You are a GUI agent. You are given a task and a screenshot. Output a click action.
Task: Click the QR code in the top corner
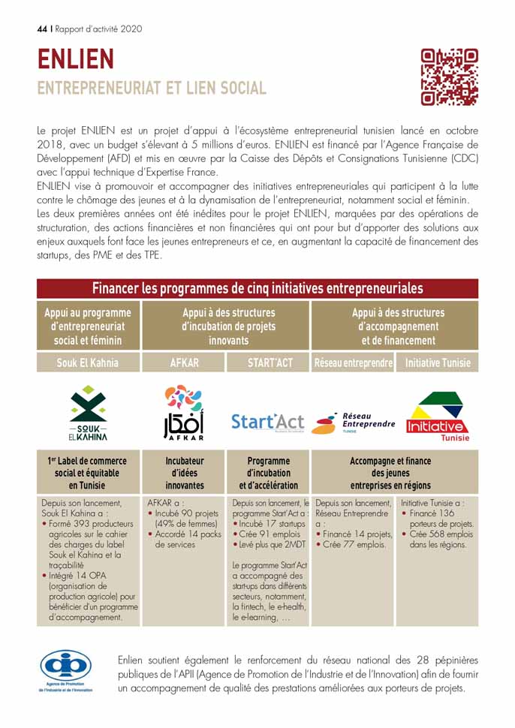(x=449, y=77)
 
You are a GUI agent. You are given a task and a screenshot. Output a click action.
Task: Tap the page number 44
(x=42, y=29)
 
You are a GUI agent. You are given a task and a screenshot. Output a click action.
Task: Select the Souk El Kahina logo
(x=88, y=413)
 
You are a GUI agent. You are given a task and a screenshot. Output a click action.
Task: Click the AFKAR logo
(x=183, y=412)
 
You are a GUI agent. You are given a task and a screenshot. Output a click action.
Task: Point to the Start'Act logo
(x=268, y=422)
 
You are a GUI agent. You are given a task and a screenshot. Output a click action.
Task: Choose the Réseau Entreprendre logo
(x=353, y=423)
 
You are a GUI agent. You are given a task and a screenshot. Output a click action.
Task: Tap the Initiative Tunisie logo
(x=437, y=417)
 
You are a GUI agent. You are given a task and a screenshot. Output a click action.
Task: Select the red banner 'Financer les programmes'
(x=257, y=288)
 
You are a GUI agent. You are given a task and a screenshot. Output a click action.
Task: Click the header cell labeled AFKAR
(x=183, y=362)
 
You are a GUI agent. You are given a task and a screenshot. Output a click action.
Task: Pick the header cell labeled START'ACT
(x=268, y=362)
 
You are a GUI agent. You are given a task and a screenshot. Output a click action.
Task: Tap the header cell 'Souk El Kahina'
(x=88, y=362)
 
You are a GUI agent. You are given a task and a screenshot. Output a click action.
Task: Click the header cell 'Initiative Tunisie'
(x=437, y=362)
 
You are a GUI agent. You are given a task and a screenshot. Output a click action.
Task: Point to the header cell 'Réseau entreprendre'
(x=353, y=362)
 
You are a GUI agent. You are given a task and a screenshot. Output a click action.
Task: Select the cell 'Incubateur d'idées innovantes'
(x=183, y=473)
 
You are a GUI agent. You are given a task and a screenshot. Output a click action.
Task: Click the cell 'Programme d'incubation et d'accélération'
(x=268, y=473)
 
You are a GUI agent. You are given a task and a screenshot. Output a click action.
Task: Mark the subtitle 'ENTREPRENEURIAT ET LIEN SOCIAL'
(x=152, y=88)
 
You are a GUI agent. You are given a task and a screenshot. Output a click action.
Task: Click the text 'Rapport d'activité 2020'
(x=98, y=29)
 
